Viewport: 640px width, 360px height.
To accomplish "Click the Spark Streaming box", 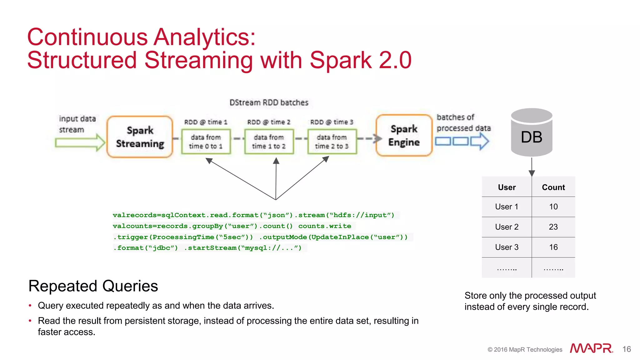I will [140, 137].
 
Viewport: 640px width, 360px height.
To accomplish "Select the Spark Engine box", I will [404, 135].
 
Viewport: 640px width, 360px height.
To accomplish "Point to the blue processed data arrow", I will [462, 141].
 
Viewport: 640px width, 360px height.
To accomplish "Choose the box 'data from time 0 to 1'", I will [206, 142].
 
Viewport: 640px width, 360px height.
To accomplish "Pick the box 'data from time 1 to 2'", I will [269, 142].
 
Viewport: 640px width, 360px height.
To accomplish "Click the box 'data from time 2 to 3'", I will [332, 142].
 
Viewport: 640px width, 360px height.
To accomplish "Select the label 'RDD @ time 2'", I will [269, 122].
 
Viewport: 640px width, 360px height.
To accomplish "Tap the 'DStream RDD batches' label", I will [269, 102].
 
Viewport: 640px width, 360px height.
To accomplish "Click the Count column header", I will [553, 187].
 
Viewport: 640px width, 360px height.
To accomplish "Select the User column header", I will [507, 187].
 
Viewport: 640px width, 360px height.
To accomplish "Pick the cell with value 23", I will [553, 227].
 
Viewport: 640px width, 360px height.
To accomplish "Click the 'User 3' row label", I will [507, 247].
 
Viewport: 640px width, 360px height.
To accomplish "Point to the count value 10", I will [553, 207].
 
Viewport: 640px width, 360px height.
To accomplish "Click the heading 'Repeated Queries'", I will [93, 286].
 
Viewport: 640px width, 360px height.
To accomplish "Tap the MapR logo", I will [591, 348].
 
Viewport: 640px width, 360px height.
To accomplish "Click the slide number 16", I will [626, 349].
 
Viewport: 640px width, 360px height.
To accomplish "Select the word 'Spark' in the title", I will [340, 60].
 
